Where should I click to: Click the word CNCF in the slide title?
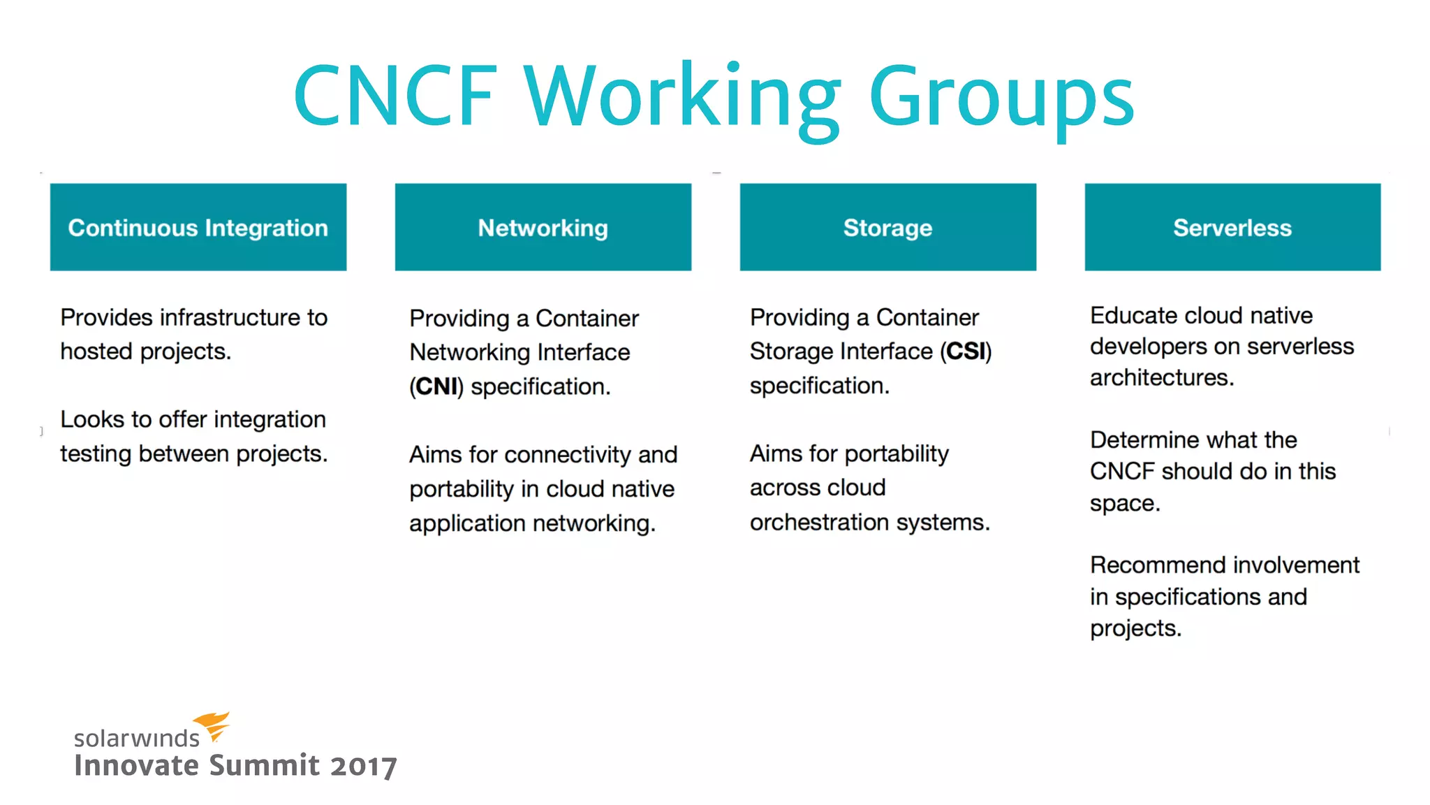395,96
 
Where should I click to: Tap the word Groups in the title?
1001,98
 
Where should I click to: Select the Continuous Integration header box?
198,227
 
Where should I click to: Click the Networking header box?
543,227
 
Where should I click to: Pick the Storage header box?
887,227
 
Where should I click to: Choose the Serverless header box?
1232,227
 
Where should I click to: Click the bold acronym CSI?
966,351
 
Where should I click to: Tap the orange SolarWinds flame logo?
212,725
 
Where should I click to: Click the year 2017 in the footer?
363,766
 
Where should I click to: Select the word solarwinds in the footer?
137,738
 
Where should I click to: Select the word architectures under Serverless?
1162,377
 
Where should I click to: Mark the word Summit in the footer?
265,765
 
